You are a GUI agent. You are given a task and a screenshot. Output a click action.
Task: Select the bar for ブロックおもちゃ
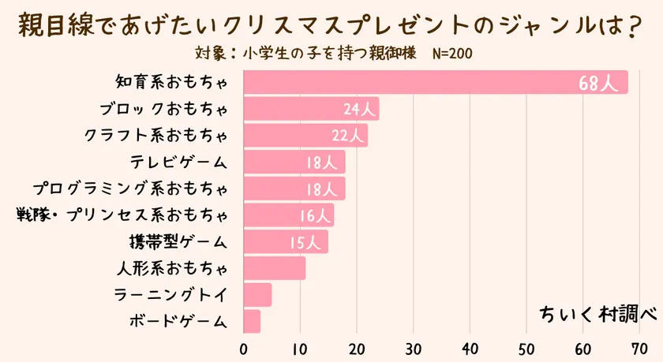click(x=311, y=109)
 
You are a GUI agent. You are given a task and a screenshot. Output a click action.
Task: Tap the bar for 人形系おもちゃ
click(x=275, y=269)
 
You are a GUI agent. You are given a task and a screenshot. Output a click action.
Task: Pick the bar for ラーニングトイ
click(x=258, y=296)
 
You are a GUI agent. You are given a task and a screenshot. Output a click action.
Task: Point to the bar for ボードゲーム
click(x=253, y=322)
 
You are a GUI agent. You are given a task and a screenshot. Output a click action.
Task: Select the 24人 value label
click(x=360, y=110)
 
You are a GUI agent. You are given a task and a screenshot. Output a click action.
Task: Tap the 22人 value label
click(x=348, y=136)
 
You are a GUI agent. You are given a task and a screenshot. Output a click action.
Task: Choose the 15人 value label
click(x=307, y=242)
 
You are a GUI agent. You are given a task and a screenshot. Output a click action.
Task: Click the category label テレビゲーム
click(x=180, y=162)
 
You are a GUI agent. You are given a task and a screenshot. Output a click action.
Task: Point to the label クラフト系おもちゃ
click(x=156, y=136)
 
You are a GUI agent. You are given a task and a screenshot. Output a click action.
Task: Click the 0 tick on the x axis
click(x=244, y=348)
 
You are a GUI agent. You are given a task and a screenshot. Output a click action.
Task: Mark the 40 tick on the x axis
click(x=470, y=348)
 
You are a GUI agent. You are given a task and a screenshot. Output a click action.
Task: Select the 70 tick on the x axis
click(x=640, y=348)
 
